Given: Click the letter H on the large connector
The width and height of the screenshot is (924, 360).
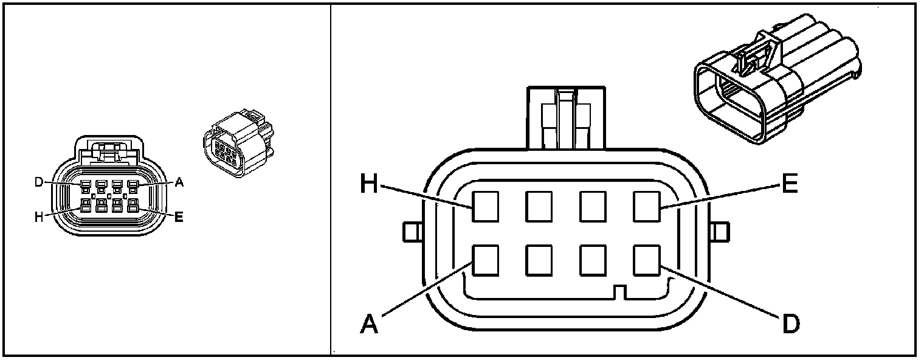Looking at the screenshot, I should tap(370, 183).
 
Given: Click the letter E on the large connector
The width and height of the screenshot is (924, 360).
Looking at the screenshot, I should tap(789, 183).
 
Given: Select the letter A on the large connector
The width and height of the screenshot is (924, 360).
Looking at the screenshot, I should tap(370, 324).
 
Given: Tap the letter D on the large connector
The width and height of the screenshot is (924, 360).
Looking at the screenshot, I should tap(790, 324).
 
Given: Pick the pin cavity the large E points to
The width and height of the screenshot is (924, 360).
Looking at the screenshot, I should tap(646, 206).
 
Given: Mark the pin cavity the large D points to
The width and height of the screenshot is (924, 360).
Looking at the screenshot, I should tap(646, 260).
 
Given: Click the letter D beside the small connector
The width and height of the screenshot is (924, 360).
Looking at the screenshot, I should tap(38, 182).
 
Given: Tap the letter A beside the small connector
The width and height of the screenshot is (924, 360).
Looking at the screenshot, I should tap(179, 182).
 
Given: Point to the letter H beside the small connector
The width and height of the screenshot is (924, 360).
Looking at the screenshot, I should tap(38, 217).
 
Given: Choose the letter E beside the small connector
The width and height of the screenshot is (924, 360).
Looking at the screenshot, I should tap(179, 217).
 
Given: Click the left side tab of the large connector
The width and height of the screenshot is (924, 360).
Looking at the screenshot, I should tap(412, 232).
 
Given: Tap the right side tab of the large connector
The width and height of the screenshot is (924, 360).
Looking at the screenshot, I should tap(720, 232).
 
